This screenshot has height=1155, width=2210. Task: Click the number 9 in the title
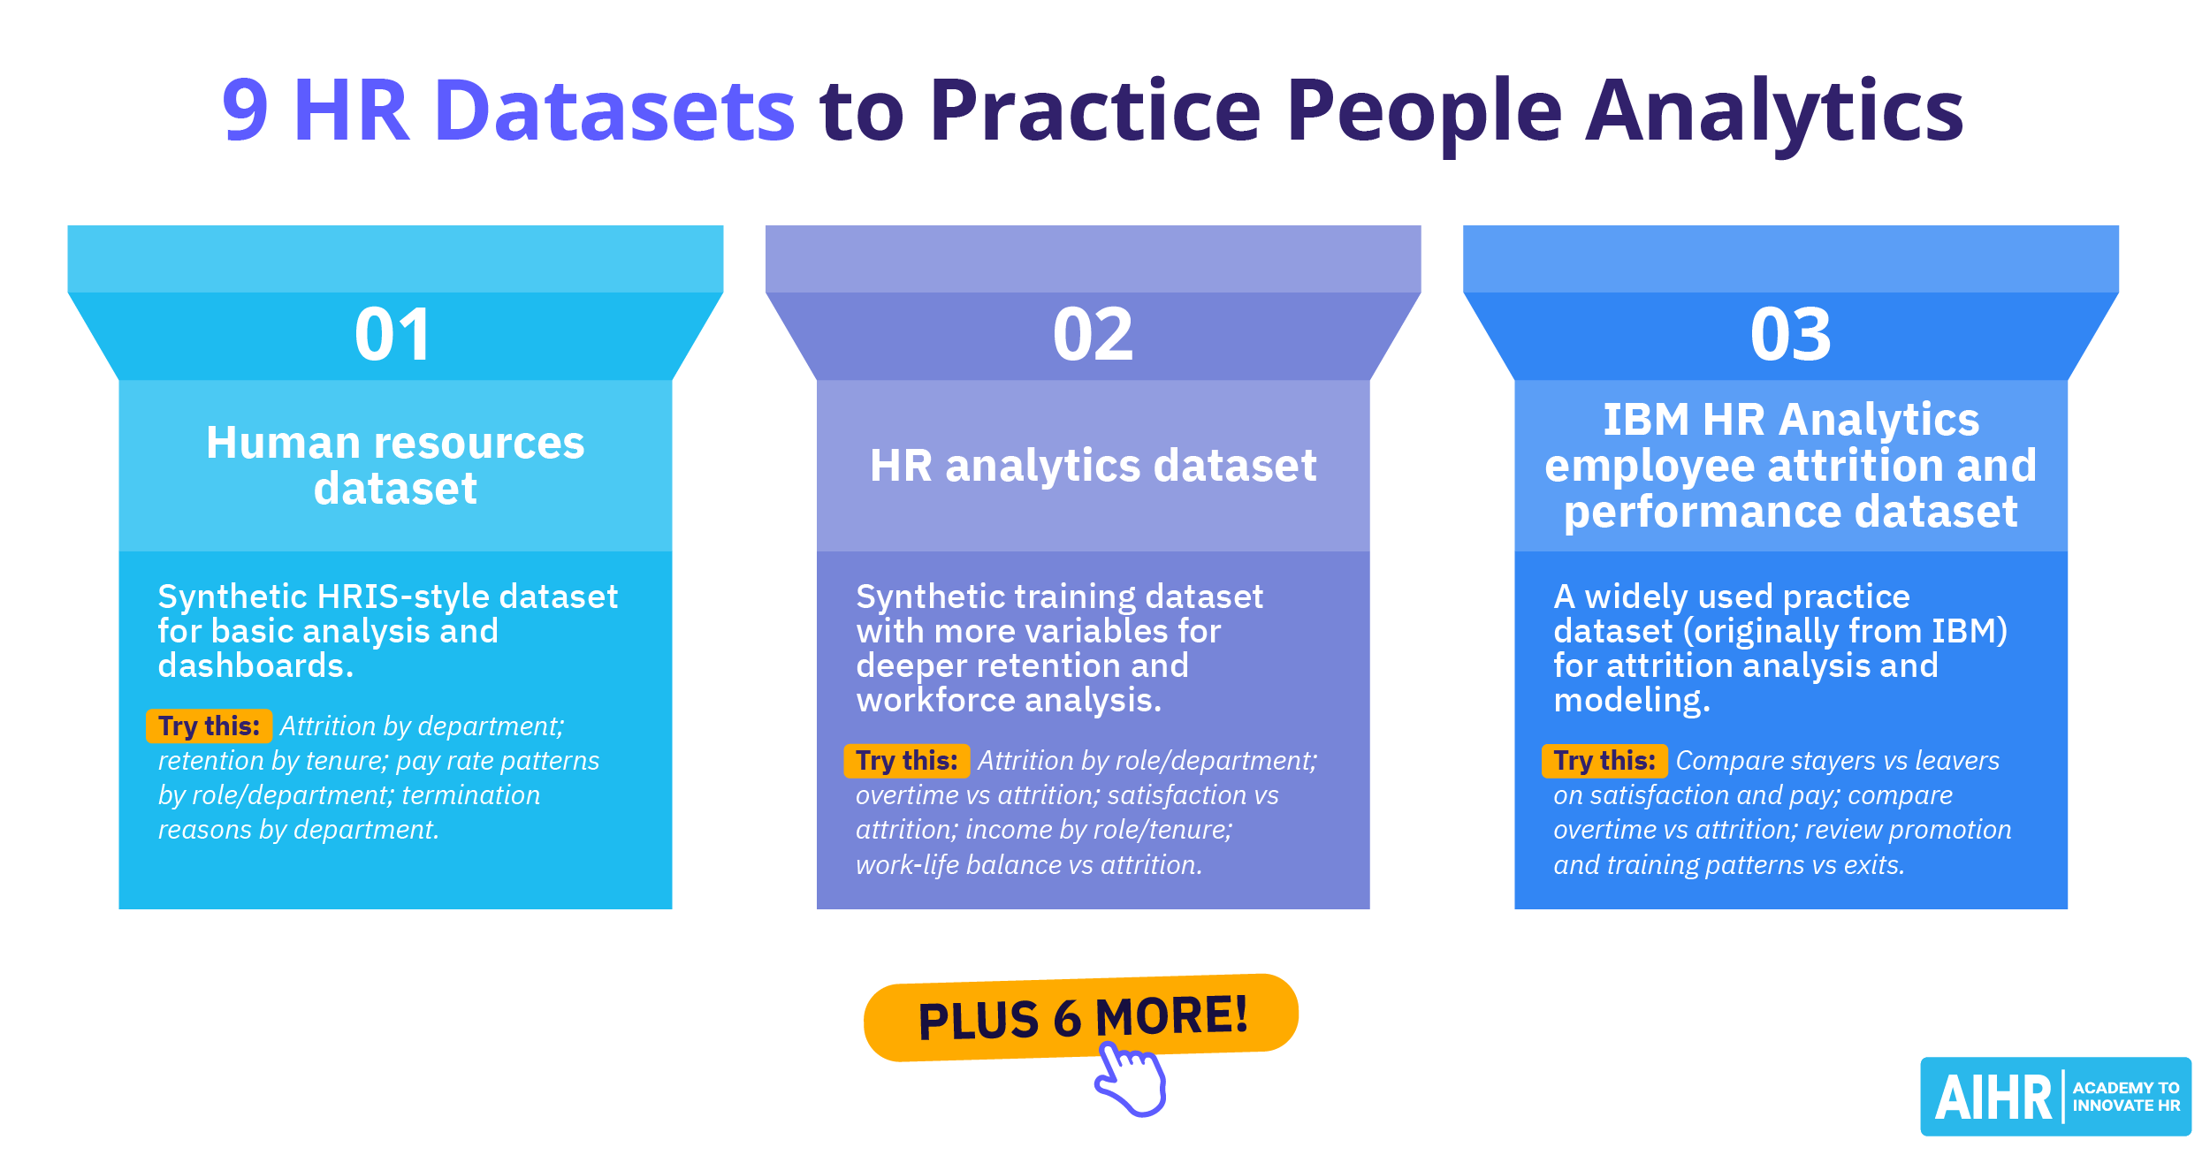pos(245,110)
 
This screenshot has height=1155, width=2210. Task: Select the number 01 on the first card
pos(393,334)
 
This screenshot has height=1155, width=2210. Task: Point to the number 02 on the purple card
pos(1093,334)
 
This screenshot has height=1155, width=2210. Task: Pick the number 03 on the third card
pos(1791,334)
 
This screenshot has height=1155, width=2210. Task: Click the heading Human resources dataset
pos(395,465)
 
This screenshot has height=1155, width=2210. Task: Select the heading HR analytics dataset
pos(1094,466)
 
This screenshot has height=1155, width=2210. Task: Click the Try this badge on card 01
pos(210,726)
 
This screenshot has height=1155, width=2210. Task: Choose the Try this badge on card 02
pos(907,761)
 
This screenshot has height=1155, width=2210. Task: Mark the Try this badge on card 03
pos(1604,761)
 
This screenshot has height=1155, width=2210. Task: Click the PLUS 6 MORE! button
pos(1081,1017)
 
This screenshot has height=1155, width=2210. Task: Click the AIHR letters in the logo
pos(1993,1098)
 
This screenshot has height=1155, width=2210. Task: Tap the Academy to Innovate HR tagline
pos(2126,1097)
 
